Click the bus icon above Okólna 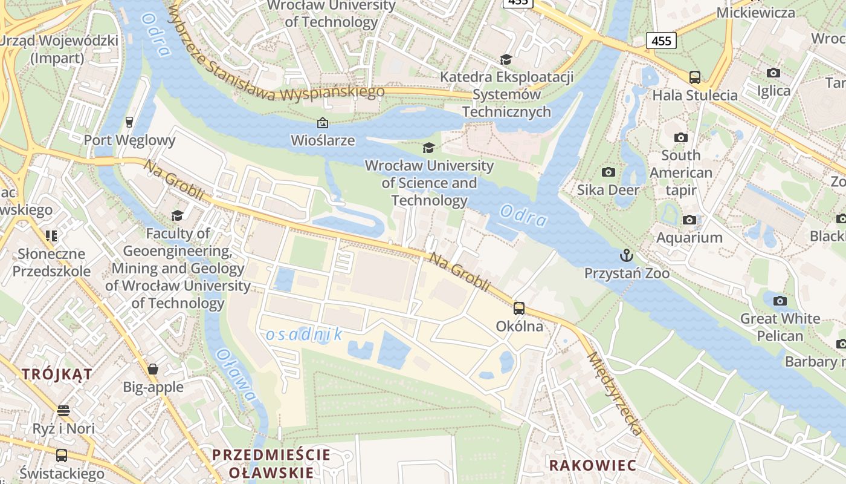pos(518,309)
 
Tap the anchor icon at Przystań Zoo pos(627,255)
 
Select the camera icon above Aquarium pos(689,220)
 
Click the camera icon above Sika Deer pos(609,172)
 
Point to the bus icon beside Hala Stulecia pos(695,77)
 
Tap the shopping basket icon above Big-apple pos(153,369)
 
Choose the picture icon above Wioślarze pos(323,123)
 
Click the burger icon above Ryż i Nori pos(63,411)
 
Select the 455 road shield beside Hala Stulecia pos(661,41)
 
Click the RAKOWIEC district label pos(592,465)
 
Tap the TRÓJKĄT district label pos(57,374)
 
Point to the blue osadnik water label pos(304,334)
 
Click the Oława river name pos(236,374)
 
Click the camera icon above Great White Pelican pos(780,301)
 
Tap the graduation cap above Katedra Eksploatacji pos(506,59)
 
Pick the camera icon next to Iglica pos(773,73)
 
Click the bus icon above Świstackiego pos(61,455)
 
